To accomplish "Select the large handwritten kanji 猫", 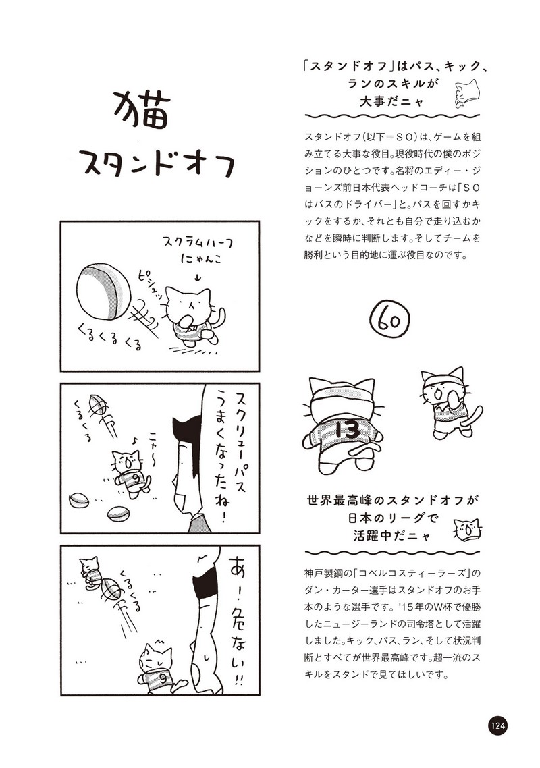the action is pos(142,111).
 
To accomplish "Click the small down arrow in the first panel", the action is pos(198,278).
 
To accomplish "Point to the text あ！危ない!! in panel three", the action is pos(236,622).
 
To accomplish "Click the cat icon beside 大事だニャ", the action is pos(466,92).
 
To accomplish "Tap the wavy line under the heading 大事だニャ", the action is pos(392,117).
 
